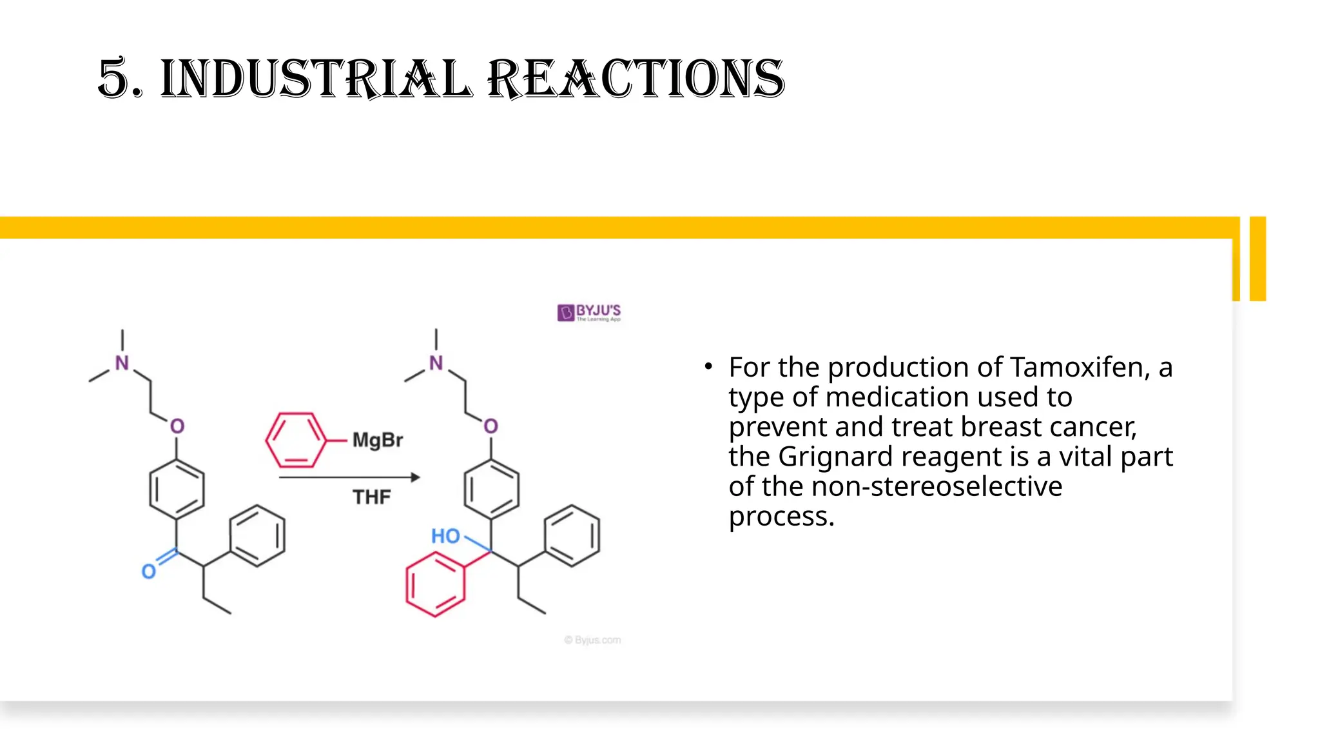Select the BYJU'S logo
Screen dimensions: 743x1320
pos(589,313)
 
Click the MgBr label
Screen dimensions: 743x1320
pos(377,441)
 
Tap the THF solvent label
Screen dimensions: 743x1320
pos(371,497)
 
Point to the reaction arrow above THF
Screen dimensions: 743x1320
pos(349,477)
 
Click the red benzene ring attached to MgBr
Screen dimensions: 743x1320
pos(296,441)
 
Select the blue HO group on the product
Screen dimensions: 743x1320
pos(445,536)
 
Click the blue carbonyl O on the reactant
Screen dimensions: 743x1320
pos(149,571)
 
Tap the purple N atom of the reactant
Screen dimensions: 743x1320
pos(122,363)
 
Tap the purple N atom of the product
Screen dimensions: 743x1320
pos(436,363)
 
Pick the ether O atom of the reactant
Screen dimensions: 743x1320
pos(177,426)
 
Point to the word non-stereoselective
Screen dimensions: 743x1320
pos(937,486)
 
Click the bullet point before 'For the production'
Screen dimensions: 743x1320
pos(708,367)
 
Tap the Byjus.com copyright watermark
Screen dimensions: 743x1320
pos(592,640)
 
